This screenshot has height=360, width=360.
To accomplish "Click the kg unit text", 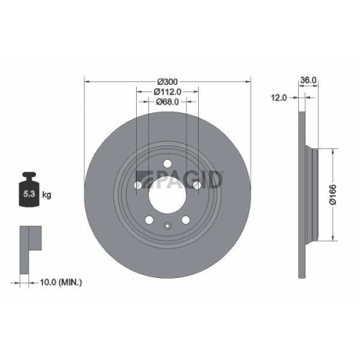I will click(46, 194).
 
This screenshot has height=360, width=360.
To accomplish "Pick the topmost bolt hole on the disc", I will click(167, 163).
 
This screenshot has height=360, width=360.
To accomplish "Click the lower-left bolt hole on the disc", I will click(148, 220).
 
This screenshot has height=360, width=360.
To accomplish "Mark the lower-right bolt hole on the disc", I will click(186, 220).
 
